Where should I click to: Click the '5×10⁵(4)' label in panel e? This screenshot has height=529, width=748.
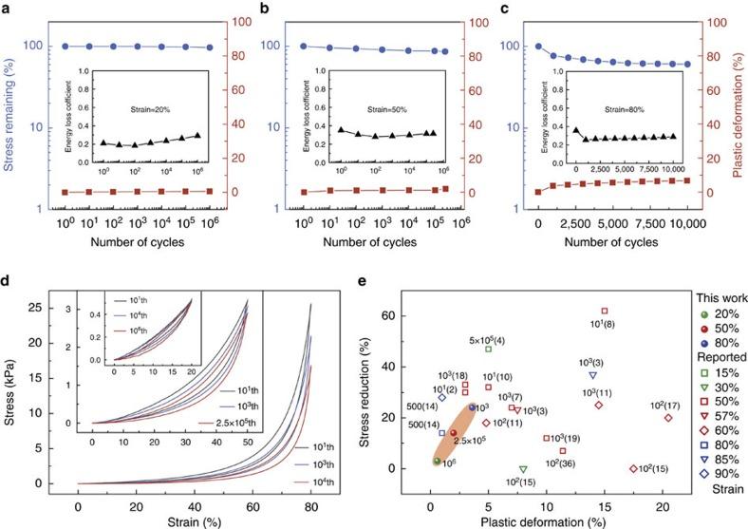point(488,339)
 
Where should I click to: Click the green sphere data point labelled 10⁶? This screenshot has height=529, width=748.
point(437,461)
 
